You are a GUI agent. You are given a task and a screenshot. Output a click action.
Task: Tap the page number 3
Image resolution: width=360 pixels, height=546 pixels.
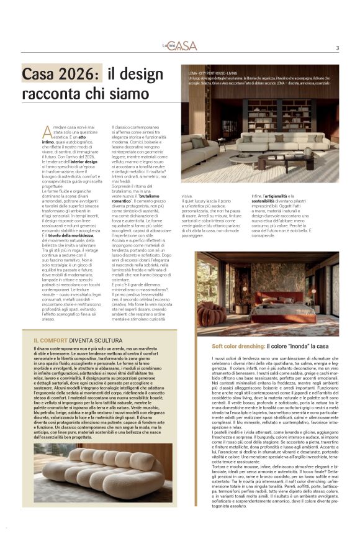337,48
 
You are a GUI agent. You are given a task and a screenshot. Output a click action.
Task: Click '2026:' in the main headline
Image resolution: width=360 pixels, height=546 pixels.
79,75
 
